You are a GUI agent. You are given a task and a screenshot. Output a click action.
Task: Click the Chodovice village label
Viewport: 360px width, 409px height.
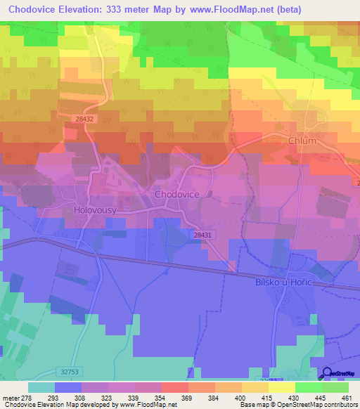pos(176,194)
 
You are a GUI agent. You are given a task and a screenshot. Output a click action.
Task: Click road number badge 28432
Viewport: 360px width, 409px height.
pos(84,119)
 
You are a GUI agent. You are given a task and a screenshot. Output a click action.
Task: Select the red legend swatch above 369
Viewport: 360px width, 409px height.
pos(174,387)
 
